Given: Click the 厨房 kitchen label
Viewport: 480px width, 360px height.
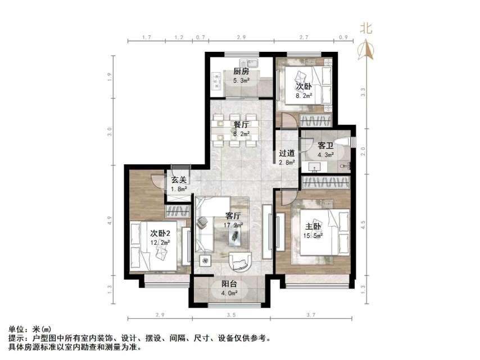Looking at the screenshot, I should coord(242,71).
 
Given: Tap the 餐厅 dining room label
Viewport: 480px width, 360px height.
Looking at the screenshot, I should coord(242,124).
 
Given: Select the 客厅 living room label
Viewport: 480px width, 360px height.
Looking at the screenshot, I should coord(233,215).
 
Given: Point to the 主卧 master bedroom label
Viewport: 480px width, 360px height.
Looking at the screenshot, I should coord(313,227).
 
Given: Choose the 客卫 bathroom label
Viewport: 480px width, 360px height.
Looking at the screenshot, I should coord(326,145).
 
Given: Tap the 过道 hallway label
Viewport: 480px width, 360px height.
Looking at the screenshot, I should coord(287,153).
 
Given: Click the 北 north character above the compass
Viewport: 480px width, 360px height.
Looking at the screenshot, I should coord(366,28).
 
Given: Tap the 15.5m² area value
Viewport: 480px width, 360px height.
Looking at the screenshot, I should coord(313,236).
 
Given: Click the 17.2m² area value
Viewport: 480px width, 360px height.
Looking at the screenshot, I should coord(233,225).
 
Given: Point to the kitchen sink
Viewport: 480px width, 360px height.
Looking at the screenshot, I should coord(251,62).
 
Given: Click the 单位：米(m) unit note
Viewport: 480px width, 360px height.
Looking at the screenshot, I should coord(29,330).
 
